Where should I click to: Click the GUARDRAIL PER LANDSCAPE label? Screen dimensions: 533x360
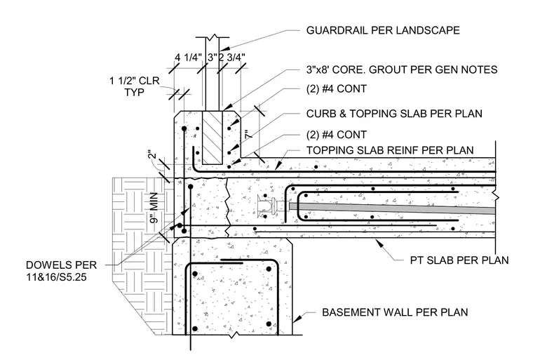point(383,30)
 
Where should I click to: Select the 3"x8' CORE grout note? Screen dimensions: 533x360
point(402,69)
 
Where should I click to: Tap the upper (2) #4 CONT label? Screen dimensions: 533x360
point(337,89)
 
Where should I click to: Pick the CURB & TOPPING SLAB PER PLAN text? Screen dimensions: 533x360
point(394,113)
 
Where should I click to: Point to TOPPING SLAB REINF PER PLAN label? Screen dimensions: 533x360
point(390,150)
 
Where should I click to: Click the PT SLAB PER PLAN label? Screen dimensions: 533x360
point(459,260)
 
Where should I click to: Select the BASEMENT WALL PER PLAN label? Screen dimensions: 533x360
point(395,312)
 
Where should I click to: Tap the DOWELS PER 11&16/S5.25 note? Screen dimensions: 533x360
point(61,271)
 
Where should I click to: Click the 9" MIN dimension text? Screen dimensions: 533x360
point(154,208)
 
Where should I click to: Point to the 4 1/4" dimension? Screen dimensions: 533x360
point(189,57)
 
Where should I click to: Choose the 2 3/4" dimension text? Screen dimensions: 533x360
point(232,57)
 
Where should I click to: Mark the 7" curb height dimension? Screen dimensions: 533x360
point(249,134)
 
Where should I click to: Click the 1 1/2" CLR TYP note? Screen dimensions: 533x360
point(134,86)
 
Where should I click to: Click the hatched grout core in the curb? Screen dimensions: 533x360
point(212,137)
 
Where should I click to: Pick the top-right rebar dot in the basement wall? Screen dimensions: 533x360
point(269,269)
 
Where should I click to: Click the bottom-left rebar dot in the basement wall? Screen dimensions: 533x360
point(195,328)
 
